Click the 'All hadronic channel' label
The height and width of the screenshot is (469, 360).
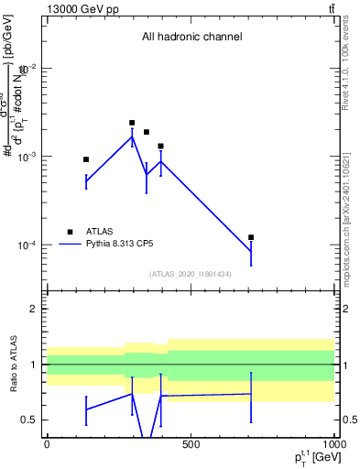pyautogui.click(x=191, y=38)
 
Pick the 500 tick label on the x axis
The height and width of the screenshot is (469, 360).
pyautogui.click(x=191, y=445)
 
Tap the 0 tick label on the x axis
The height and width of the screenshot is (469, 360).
pyautogui.click(x=47, y=445)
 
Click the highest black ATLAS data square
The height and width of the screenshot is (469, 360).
pyautogui.click(x=132, y=123)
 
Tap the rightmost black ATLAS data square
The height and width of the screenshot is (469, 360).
pyautogui.click(x=251, y=237)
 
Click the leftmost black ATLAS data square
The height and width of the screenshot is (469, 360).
pyautogui.click(x=86, y=159)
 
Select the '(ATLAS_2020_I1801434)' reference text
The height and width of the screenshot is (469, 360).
pyautogui.click(x=191, y=274)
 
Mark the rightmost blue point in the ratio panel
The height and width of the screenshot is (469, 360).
pyautogui.click(x=251, y=394)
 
